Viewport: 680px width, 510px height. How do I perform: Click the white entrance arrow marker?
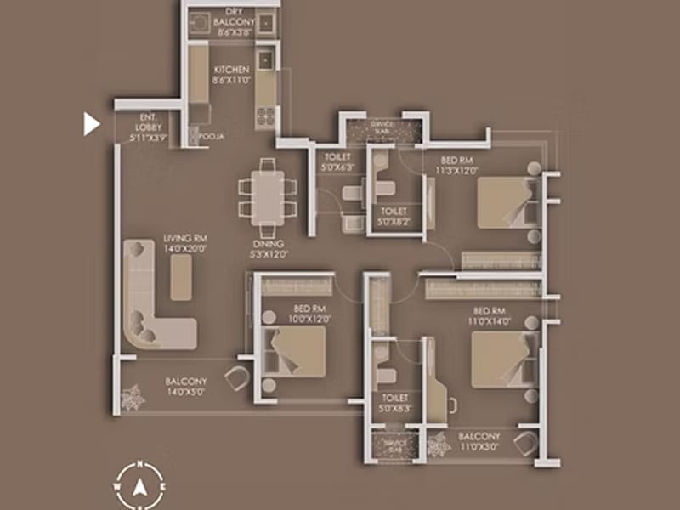pos(91,124)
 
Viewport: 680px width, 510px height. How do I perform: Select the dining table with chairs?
pos(268,195)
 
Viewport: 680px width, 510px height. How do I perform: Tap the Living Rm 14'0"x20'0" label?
pos(185,244)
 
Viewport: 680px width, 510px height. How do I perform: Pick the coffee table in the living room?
pos(180,279)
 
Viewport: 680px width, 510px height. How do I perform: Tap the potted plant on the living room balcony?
pos(132,397)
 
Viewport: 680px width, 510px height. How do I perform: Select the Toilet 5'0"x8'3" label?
pos(396,402)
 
